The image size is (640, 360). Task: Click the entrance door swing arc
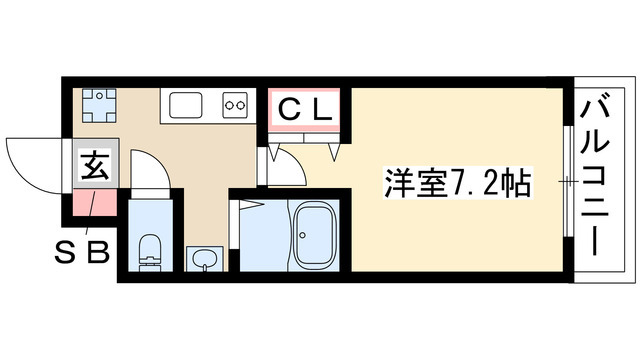click(30, 160)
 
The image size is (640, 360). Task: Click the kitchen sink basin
click(188, 103)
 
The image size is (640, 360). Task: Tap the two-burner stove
click(237, 103)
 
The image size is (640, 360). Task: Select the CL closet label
click(304, 108)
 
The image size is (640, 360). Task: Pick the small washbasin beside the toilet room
click(206, 259)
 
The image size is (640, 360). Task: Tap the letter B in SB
click(100, 249)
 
